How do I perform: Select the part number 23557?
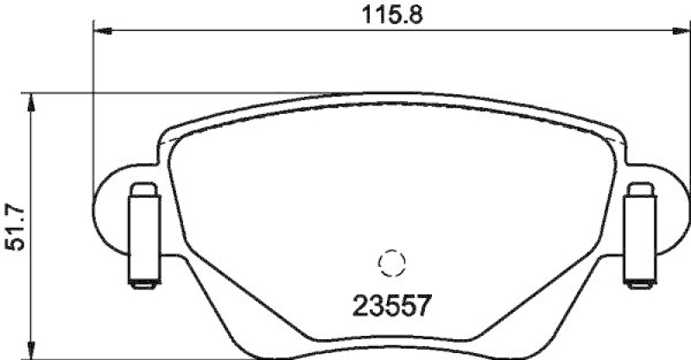pos(391,305)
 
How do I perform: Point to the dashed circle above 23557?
pos(391,262)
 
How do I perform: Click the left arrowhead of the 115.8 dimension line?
pos(98,33)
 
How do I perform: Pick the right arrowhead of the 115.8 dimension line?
pos(678,33)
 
